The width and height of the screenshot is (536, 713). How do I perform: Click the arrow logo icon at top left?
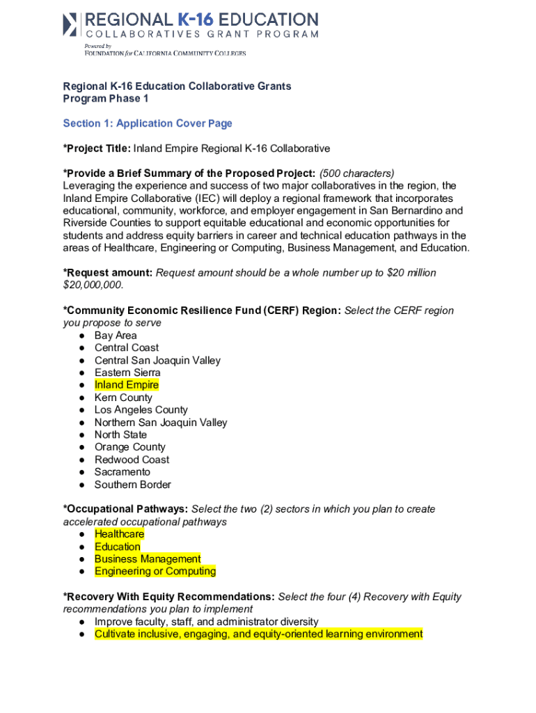pos(70,24)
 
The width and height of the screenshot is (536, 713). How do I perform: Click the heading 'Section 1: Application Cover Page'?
pos(148,123)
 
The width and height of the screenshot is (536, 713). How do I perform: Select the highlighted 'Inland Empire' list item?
pos(127,385)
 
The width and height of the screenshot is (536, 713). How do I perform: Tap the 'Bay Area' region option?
pos(116,335)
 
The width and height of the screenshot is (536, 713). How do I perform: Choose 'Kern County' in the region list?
pos(123,398)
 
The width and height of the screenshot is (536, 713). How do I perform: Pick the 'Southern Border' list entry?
pos(132,485)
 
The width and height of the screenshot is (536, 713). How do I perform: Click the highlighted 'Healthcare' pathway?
pos(120,534)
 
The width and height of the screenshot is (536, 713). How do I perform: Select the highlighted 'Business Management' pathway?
pos(148,559)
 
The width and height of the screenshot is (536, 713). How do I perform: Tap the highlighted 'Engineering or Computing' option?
pos(155,572)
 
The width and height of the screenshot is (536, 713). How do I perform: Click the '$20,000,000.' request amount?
pos(93,285)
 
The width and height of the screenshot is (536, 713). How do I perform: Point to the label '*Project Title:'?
pos(97,148)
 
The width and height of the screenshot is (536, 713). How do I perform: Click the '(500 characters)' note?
pos(357,173)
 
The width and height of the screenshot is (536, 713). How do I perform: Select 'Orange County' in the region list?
pos(130,447)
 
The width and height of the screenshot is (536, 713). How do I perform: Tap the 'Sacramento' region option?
pos(123,472)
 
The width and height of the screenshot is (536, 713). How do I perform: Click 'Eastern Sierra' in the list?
pos(127,373)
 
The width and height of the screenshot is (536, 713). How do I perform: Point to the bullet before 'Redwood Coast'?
pos(82,460)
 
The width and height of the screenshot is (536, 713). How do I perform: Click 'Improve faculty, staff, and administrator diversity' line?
pos(207,622)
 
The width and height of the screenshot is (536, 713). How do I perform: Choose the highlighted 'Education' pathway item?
pos(118,547)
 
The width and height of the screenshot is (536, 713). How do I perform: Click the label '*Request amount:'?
pos(108,273)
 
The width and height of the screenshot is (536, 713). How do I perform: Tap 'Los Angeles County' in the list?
pos(141,410)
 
